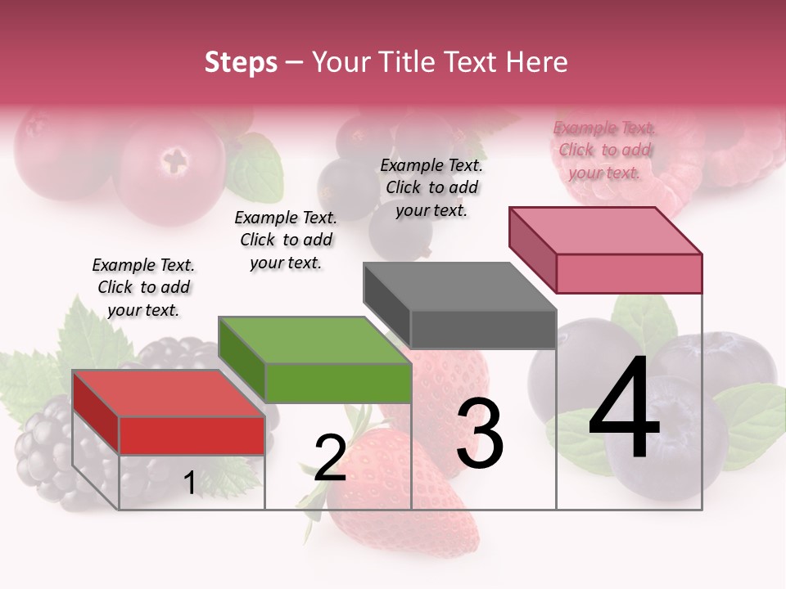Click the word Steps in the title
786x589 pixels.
click(240, 62)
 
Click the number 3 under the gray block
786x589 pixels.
click(479, 434)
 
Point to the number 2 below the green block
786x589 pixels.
click(330, 457)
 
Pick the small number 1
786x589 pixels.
click(189, 483)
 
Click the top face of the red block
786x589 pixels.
click(168, 393)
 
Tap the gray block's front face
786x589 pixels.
click(483, 330)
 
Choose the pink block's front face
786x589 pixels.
click(629, 273)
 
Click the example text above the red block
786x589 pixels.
click(143, 287)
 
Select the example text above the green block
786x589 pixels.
click(286, 240)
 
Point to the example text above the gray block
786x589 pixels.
click(431, 187)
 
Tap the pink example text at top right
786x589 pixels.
click(604, 150)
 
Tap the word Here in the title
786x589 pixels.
click(540, 62)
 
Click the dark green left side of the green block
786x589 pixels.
click(242, 357)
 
